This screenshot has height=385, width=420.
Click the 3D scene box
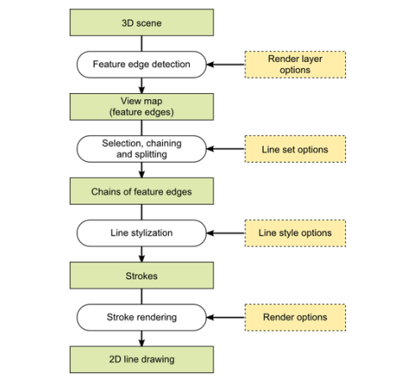point(142,23)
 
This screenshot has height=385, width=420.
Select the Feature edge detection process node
point(142,65)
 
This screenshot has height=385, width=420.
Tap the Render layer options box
point(295,65)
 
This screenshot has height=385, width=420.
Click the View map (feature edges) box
point(142,107)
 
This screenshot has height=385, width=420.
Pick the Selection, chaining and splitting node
point(142,148)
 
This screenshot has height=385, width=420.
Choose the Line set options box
point(295,149)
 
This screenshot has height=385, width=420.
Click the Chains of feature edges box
point(142,191)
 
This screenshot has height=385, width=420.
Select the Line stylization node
point(142,233)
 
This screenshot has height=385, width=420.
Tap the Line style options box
point(295,233)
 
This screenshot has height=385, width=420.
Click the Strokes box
point(142,275)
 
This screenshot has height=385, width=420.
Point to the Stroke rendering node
point(142,318)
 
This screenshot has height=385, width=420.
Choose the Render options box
point(295,318)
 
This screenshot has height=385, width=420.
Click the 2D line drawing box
point(142,360)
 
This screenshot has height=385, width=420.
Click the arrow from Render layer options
point(226,65)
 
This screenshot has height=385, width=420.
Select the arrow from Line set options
point(226,149)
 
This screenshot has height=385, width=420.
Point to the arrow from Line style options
point(226,233)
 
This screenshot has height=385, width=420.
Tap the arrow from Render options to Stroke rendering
point(226,317)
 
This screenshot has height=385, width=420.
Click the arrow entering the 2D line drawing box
point(142,339)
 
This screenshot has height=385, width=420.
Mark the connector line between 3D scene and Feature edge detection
point(142,44)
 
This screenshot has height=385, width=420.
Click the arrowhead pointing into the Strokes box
point(142,258)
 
